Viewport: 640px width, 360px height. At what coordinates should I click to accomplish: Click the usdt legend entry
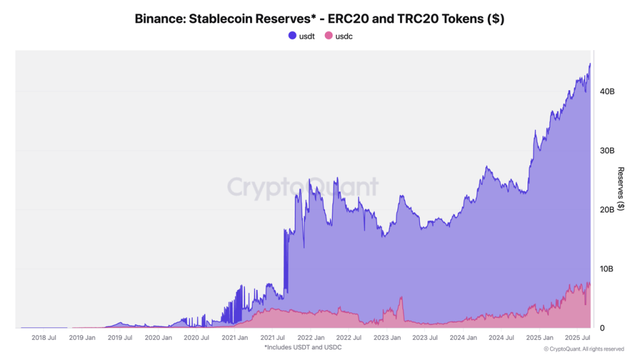301,36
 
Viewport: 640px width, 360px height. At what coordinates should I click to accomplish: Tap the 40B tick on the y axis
607,91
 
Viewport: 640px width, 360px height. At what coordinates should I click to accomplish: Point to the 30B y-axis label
607,151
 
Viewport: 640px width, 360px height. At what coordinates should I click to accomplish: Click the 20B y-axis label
607,210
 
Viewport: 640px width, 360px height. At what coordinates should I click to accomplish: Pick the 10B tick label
607,269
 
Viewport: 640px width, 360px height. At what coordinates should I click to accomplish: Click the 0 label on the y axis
602,328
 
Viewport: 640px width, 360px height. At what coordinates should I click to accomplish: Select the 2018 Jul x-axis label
44,337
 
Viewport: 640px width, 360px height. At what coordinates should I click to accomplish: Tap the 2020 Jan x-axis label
158,337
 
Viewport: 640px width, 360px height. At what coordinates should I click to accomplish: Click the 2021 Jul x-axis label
273,337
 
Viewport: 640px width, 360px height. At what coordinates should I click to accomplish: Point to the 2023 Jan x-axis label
387,337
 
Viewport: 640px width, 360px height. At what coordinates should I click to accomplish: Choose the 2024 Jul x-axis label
502,337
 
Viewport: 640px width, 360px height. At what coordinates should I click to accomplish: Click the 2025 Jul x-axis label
578,337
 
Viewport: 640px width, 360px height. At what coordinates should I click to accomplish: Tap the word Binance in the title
159,19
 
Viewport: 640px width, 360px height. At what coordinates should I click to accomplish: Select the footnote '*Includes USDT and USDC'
303,347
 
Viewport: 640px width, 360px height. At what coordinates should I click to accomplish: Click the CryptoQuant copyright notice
584,349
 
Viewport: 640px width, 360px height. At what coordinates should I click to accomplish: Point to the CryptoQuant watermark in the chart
302,187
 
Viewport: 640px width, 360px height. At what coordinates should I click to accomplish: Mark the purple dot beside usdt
292,36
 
